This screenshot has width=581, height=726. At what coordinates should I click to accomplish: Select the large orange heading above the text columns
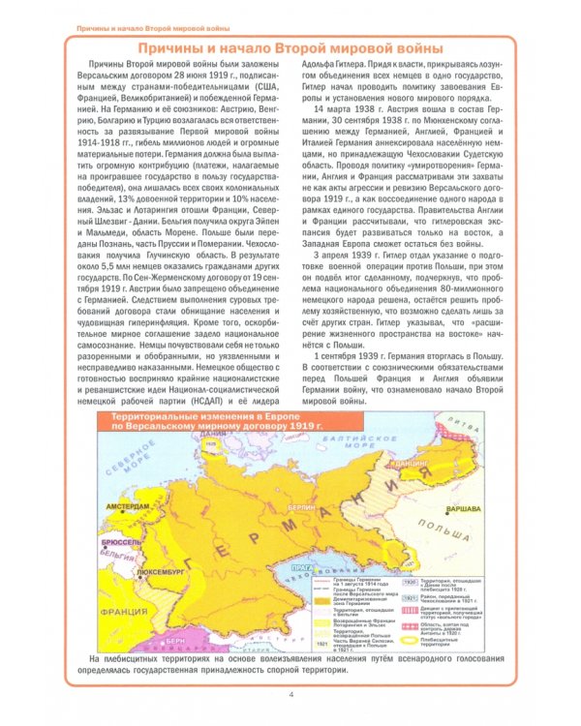[x=290, y=48]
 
